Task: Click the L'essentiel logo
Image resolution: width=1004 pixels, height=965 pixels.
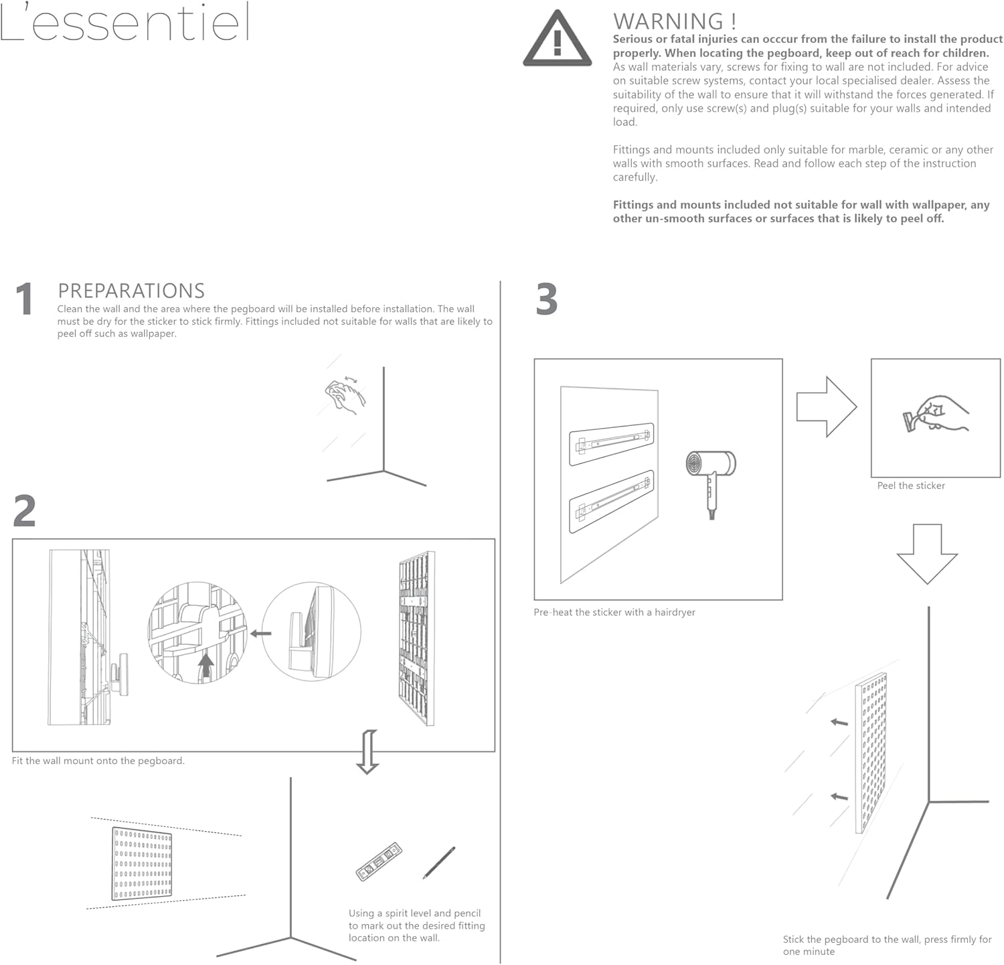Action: coord(125,23)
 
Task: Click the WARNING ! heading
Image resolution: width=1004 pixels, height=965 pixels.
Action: coord(674,21)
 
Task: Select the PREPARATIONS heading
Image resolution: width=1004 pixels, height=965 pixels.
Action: coord(131,291)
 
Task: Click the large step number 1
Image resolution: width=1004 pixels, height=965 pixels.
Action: coord(25,299)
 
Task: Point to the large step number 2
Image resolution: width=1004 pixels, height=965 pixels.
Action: coord(25,512)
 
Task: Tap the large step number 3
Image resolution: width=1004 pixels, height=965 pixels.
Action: coord(547,299)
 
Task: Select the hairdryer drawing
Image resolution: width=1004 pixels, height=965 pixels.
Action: coord(711,479)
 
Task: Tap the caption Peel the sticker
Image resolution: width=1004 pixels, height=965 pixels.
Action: coord(911,486)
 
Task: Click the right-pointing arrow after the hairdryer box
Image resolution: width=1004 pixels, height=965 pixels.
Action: coord(826,406)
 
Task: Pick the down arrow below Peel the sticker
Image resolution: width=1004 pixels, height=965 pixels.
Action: coord(927,553)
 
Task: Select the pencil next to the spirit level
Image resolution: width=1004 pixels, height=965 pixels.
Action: coord(439,863)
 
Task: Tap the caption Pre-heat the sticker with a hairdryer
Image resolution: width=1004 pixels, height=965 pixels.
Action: coord(614,612)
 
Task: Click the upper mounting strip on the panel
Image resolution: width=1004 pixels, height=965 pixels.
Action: coord(611,443)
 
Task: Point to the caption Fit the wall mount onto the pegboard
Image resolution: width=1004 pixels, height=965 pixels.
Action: coord(98,761)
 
